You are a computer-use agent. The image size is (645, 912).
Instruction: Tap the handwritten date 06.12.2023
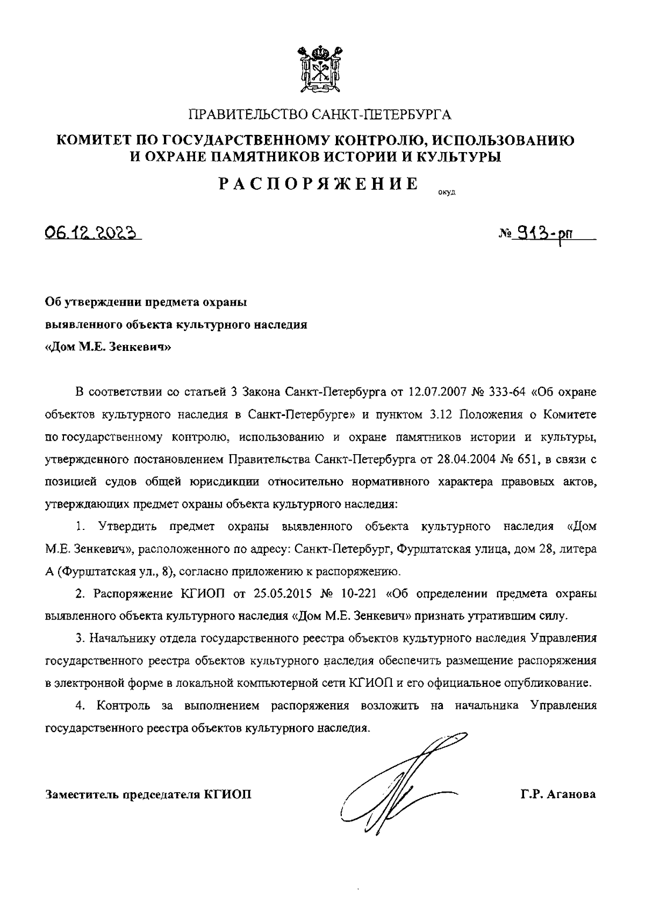coord(92,233)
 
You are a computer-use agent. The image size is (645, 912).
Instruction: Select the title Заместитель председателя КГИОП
coord(149,794)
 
